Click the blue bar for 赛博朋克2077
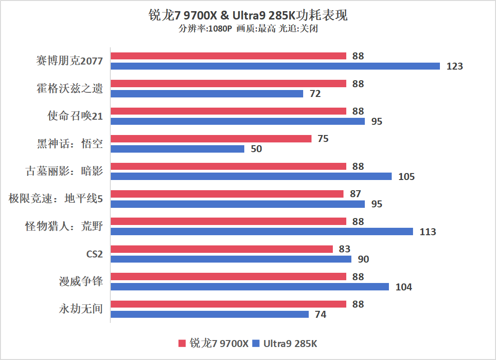pos(275,66)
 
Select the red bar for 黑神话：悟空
pos(211,139)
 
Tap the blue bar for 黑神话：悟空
pos(177,149)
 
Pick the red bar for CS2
pos(222,249)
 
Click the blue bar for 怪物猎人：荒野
pos(261,231)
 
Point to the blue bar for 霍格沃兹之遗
pos(207,94)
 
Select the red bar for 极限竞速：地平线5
pos(227,194)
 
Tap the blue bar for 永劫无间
pos(210,315)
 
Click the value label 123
pos(454,66)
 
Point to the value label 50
pos(256,149)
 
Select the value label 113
pos(427,231)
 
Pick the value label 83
pos(344,249)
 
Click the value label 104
pos(403,287)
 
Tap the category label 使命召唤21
pos(75,116)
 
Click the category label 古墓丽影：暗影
pos(64,171)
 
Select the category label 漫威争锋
pos(81,282)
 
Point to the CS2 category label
pos(94,254)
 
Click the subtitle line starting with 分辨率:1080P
pos(248,29)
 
